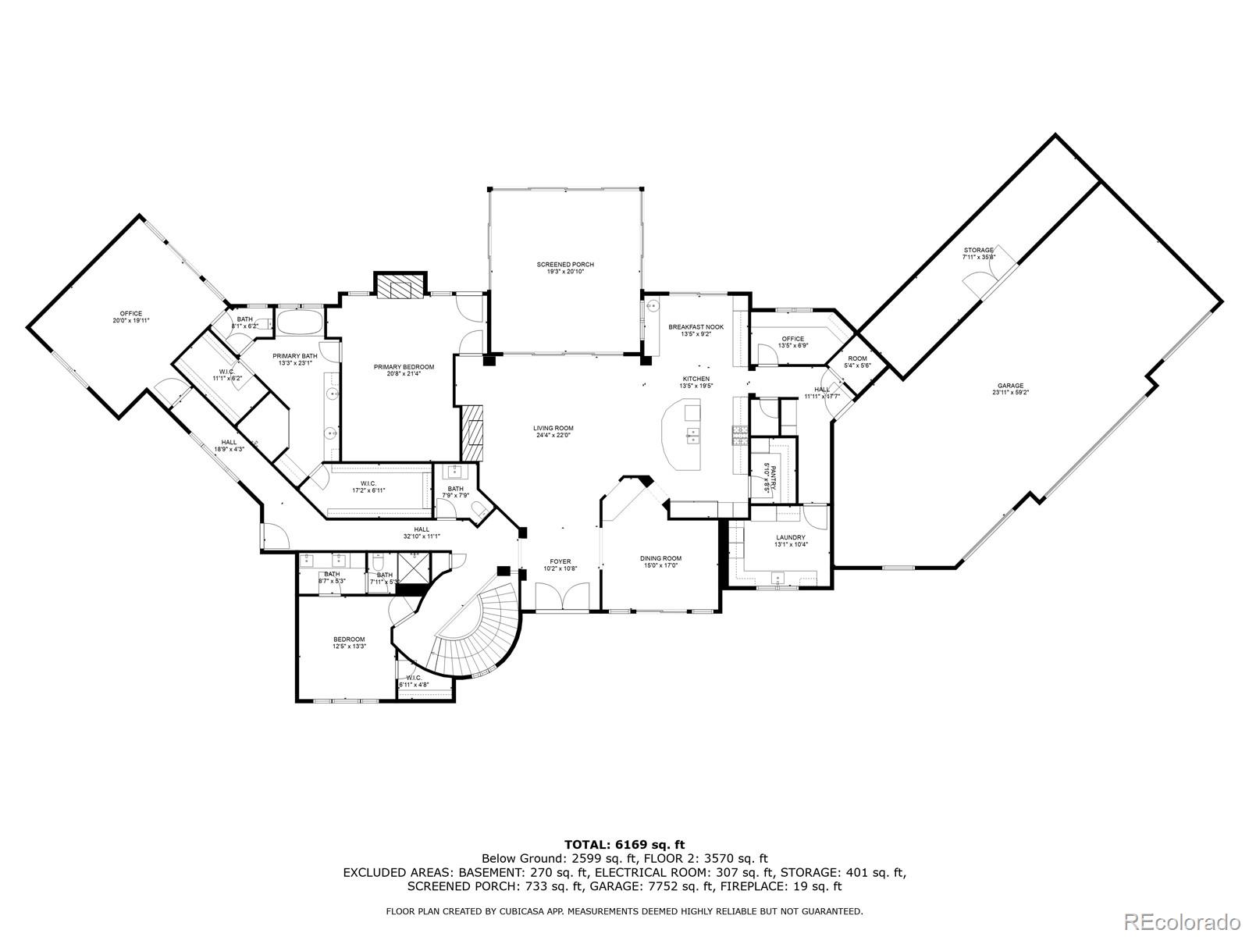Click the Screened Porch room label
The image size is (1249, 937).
(x=564, y=265)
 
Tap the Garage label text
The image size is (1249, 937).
(x=1009, y=386)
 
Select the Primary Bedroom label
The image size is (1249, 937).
(x=404, y=367)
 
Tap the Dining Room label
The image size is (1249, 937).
(x=660, y=558)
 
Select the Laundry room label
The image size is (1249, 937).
(x=790, y=537)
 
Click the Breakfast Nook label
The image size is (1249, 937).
(x=696, y=327)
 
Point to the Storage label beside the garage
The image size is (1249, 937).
(x=978, y=251)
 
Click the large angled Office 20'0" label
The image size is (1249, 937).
(x=130, y=314)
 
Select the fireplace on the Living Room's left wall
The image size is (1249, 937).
(x=472, y=433)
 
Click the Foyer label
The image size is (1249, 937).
(x=560, y=561)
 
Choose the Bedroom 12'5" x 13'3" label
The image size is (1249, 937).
(x=349, y=640)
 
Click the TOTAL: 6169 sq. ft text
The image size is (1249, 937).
(x=624, y=844)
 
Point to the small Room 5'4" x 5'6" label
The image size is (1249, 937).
(x=857, y=358)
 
